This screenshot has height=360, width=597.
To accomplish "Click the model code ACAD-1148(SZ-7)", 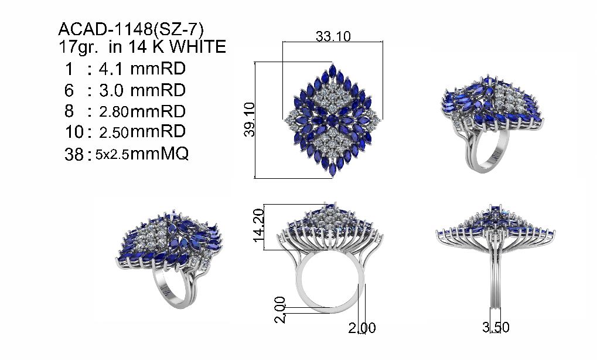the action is click(131, 29).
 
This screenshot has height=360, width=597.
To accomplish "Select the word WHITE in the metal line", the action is click(198, 47).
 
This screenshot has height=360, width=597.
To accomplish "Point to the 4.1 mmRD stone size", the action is click(142, 69).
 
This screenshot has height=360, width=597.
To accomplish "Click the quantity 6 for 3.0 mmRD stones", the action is click(69, 90).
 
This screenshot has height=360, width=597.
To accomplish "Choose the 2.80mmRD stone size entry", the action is click(142, 111).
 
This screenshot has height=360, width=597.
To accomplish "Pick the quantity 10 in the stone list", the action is click(74, 132).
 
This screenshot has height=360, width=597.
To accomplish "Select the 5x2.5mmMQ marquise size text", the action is click(142, 154).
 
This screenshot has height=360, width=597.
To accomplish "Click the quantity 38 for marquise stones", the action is click(74, 154).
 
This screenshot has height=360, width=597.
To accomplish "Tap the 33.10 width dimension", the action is click(333, 36).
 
